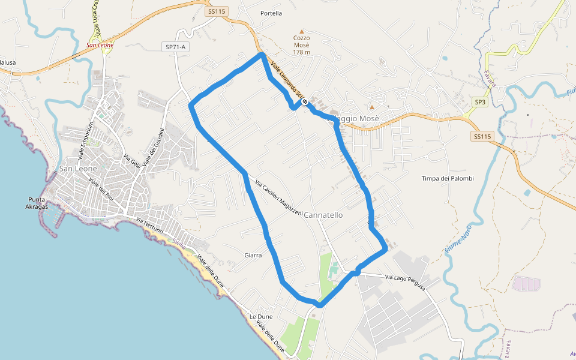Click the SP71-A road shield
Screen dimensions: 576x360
click(x=175, y=46)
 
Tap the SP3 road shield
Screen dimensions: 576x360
click(x=480, y=103)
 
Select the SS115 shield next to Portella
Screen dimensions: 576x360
click(x=216, y=11)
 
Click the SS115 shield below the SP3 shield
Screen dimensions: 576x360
click(x=482, y=136)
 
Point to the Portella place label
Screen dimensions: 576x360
click(x=271, y=13)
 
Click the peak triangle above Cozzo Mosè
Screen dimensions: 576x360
click(x=302, y=31)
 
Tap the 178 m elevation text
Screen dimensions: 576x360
click(x=302, y=52)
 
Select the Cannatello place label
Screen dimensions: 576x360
click(x=323, y=215)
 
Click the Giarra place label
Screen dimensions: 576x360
click(x=253, y=255)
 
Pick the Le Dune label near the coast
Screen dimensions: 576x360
click(x=261, y=316)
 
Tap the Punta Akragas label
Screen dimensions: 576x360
click(x=41, y=203)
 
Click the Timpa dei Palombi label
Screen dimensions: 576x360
click(x=448, y=179)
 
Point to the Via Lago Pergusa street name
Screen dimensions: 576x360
click(x=405, y=282)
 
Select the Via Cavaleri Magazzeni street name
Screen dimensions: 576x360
click(x=279, y=199)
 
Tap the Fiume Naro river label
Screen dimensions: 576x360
click(x=456, y=241)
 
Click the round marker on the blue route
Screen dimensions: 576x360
click(x=305, y=102)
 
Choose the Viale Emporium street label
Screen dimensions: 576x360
click(x=85, y=142)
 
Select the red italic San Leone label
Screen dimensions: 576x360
click(x=100, y=45)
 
